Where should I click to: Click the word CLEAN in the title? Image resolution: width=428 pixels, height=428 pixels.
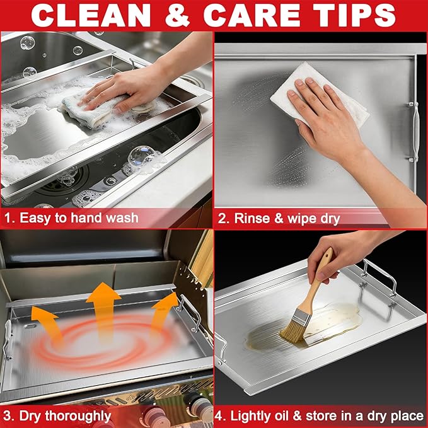pyautogui.click(x=91, y=16)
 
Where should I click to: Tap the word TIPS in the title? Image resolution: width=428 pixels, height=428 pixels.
pyautogui.click(x=354, y=16)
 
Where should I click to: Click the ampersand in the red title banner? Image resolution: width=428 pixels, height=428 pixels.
pyautogui.click(x=177, y=16)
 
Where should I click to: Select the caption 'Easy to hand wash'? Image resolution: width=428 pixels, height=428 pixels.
pyautogui.click(x=79, y=218)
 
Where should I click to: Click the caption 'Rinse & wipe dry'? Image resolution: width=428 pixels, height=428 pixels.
pyautogui.click(x=287, y=218)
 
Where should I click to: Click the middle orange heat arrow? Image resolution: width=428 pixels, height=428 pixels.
pyautogui.click(x=103, y=308)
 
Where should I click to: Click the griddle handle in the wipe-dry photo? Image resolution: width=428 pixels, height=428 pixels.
pyautogui.click(x=414, y=131)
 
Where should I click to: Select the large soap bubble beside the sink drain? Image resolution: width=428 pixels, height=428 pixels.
pyautogui.click(x=141, y=157)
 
